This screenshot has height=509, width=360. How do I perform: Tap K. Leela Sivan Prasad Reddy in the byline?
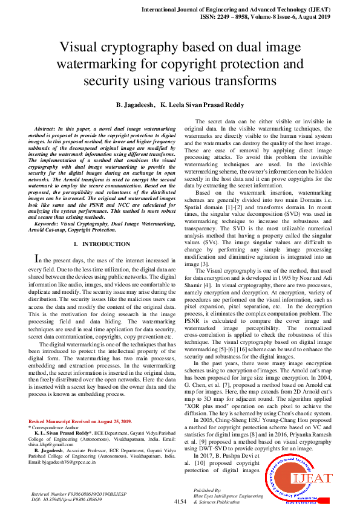coord(202,105)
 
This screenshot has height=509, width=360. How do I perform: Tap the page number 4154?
coord(180,501)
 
